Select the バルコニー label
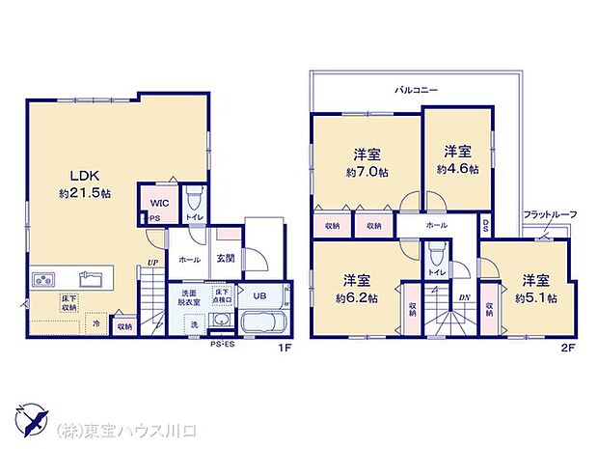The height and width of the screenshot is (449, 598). (416, 90)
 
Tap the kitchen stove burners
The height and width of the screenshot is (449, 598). (43, 281)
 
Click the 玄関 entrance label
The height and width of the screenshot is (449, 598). (225, 258)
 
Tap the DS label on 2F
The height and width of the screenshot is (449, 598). (485, 228)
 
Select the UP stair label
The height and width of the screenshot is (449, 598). (153, 261)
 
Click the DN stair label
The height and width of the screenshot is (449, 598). (464, 298)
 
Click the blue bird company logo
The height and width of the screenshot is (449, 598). (29, 422)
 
